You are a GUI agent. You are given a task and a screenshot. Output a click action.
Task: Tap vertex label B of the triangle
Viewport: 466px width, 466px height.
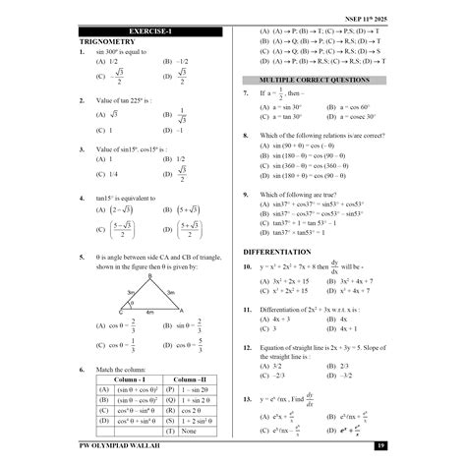click(x=148, y=276)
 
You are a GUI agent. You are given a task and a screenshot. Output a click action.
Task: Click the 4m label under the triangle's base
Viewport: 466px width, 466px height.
click(x=149, y=313)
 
